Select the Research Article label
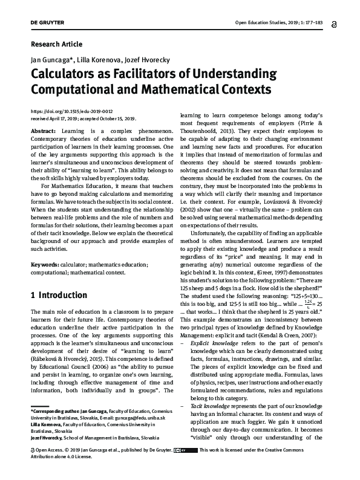click(x=56, y=44)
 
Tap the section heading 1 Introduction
click(x=59, y=296)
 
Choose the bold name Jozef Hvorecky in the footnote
click(x=51, y=436)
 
